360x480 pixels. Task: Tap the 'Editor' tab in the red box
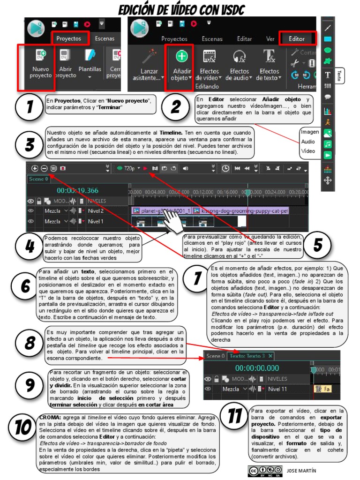pos(296,39)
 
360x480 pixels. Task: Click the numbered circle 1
pos(29,107)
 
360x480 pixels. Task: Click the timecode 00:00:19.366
pos(77,190)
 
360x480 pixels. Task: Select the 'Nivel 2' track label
pos(96,211)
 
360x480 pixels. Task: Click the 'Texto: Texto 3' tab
pos(250,356)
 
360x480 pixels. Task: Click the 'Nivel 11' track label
pos(277,389)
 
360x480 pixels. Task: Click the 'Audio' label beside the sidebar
pos(308,142)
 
